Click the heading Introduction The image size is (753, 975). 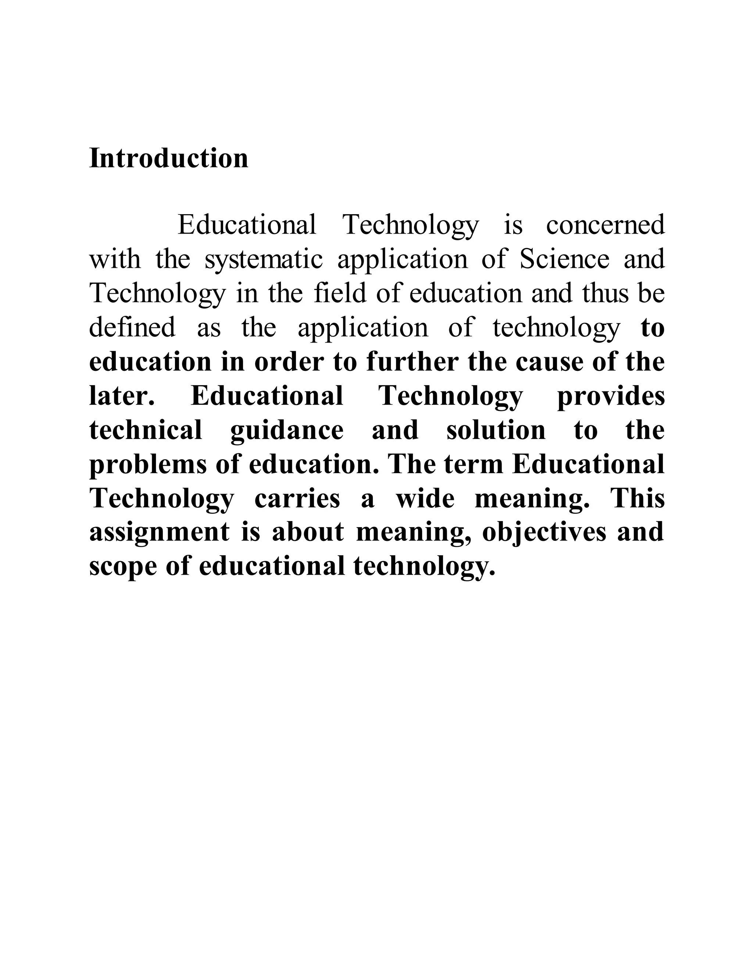169,158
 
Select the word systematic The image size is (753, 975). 263,259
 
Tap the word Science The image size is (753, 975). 564,259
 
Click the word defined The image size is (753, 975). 132,328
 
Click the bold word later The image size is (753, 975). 122,396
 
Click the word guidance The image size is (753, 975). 287,431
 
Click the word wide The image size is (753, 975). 425,499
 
